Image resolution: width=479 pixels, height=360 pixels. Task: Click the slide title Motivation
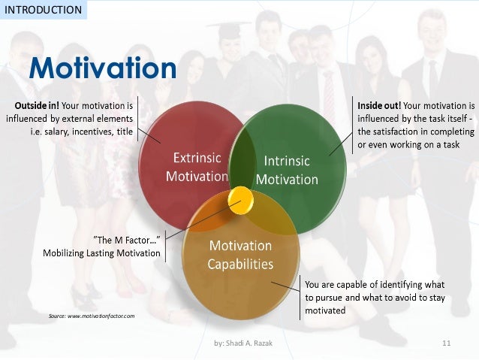102,68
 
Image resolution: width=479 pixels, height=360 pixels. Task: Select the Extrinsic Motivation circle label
200,168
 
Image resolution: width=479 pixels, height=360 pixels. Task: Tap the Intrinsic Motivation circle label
287,170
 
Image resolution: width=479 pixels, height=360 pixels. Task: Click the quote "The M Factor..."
126,240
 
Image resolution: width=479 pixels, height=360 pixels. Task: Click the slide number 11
445,344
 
